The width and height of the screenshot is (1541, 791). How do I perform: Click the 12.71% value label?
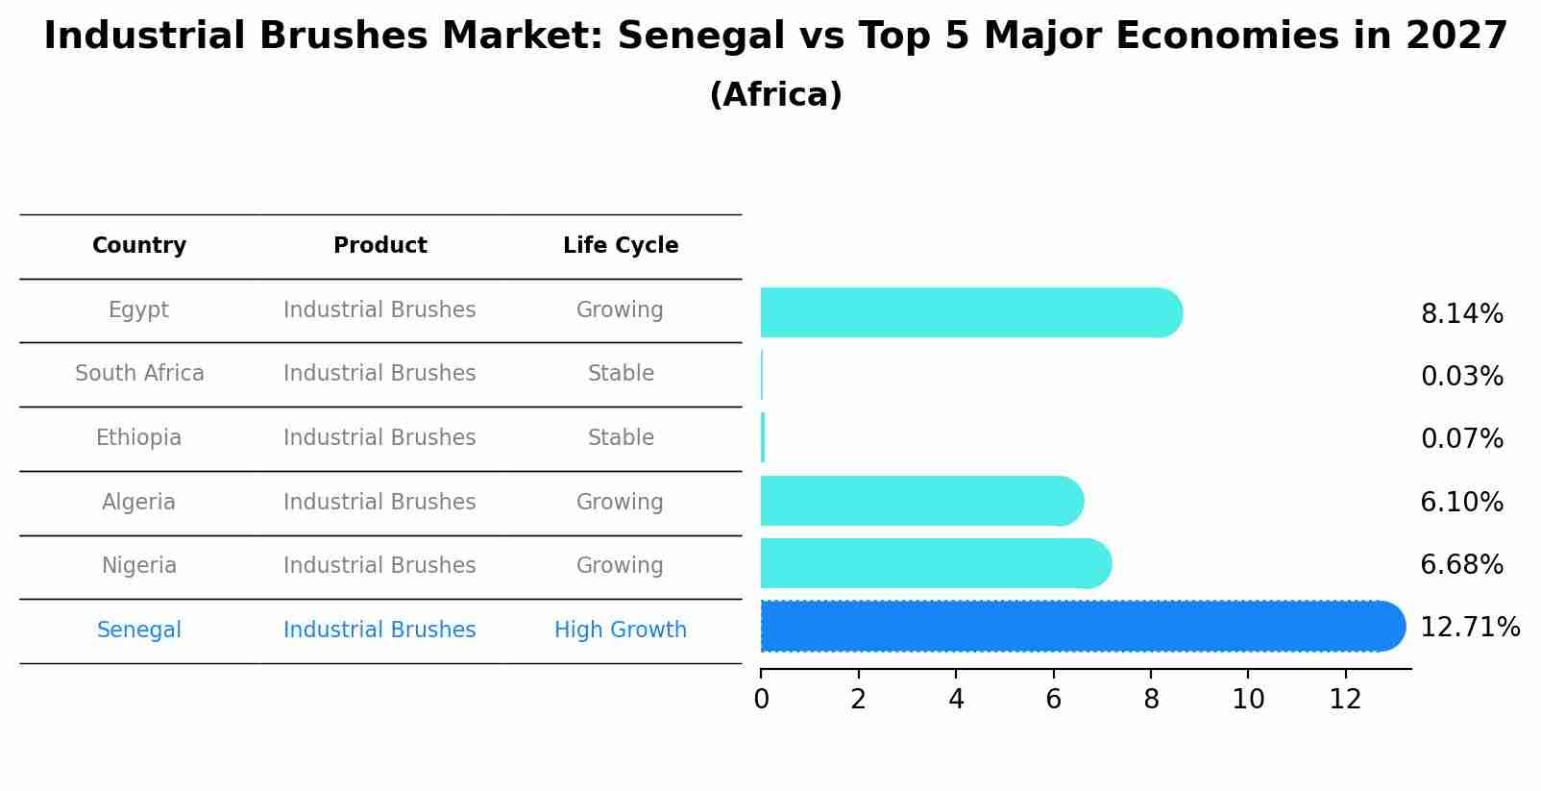click(x=1469, y=628)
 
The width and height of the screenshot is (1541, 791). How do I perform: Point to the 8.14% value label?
click(x=1461, y=314)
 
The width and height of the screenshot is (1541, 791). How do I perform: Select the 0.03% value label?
click(x=1461, y=377)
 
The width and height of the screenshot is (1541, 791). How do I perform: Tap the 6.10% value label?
click(x=1461, y=502)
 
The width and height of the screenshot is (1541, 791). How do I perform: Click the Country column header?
click(x=139, y=246)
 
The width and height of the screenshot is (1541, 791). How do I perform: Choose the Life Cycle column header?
click(x=621, y=246)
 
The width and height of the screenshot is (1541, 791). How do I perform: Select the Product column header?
click(x=379, y=246)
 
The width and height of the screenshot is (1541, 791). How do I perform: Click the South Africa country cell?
click(x=139, y=373)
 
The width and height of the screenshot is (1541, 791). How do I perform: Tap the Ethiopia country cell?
click(x=138, y=438)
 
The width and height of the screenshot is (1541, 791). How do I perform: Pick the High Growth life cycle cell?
click(x=621, y=630)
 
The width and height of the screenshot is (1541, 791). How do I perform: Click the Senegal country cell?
click(x=139, y=630)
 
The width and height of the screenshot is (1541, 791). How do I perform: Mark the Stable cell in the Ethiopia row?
click(x=621, y=438)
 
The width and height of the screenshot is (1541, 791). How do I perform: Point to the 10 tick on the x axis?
click(x=1248, y=700)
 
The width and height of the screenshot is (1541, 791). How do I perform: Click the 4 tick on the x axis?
click(x=956, y=700)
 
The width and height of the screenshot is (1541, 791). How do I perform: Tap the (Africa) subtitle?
click(x=775, y=95)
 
